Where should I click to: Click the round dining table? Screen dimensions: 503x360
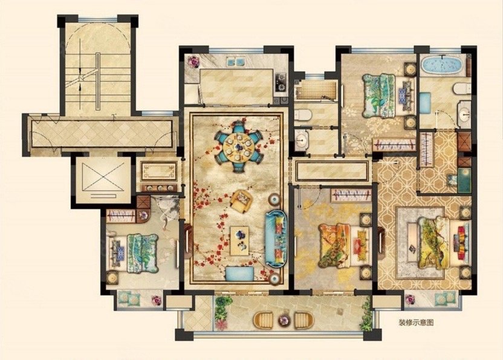click(239, 147)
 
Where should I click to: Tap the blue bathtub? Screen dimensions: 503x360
click(442, 65)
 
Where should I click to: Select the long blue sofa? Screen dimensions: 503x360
click(276, 239)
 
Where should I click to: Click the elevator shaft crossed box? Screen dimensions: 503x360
click(103, 177)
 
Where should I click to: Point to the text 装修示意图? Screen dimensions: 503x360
click(416, 322)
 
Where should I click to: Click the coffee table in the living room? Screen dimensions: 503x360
click(239, 241)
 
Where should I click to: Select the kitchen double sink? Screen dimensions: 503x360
click(236, 62)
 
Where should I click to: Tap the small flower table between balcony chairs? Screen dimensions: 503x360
click(284, 320)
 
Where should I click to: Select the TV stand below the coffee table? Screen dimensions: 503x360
click(240, 274)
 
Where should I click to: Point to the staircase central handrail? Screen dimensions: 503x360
click(98, 82)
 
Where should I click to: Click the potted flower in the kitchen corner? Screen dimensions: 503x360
click(193, 61)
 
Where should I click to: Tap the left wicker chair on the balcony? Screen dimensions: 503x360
click(263, 320)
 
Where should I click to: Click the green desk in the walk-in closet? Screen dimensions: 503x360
click(464, 180)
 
